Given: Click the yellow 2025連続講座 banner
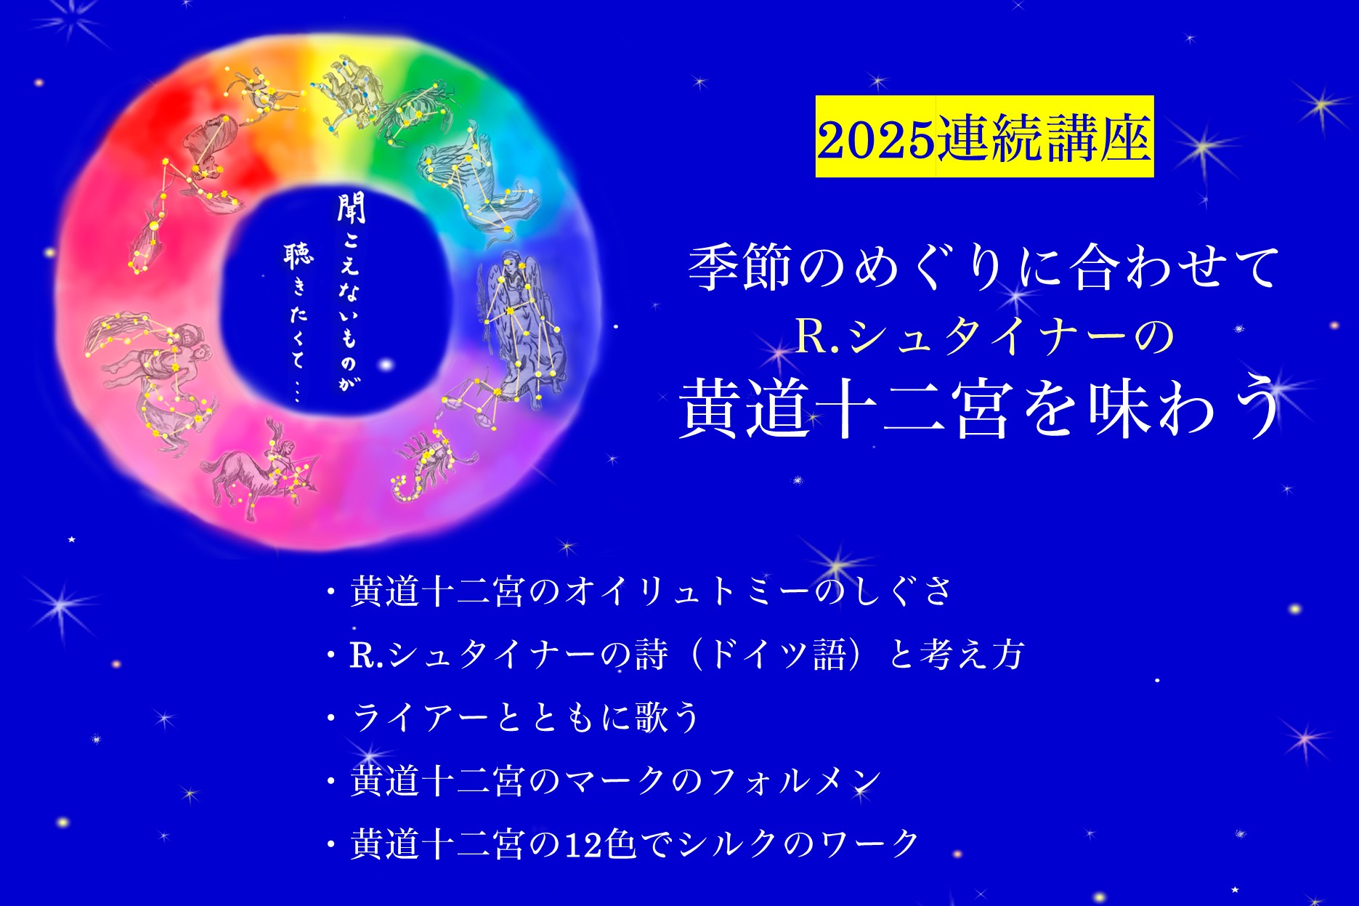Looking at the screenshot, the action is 984,137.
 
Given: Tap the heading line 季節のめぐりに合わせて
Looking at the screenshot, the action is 983,268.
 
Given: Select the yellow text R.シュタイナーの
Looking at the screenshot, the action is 985,336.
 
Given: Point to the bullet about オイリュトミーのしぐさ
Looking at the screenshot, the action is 640,591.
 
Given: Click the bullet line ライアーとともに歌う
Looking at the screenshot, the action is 513,717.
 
